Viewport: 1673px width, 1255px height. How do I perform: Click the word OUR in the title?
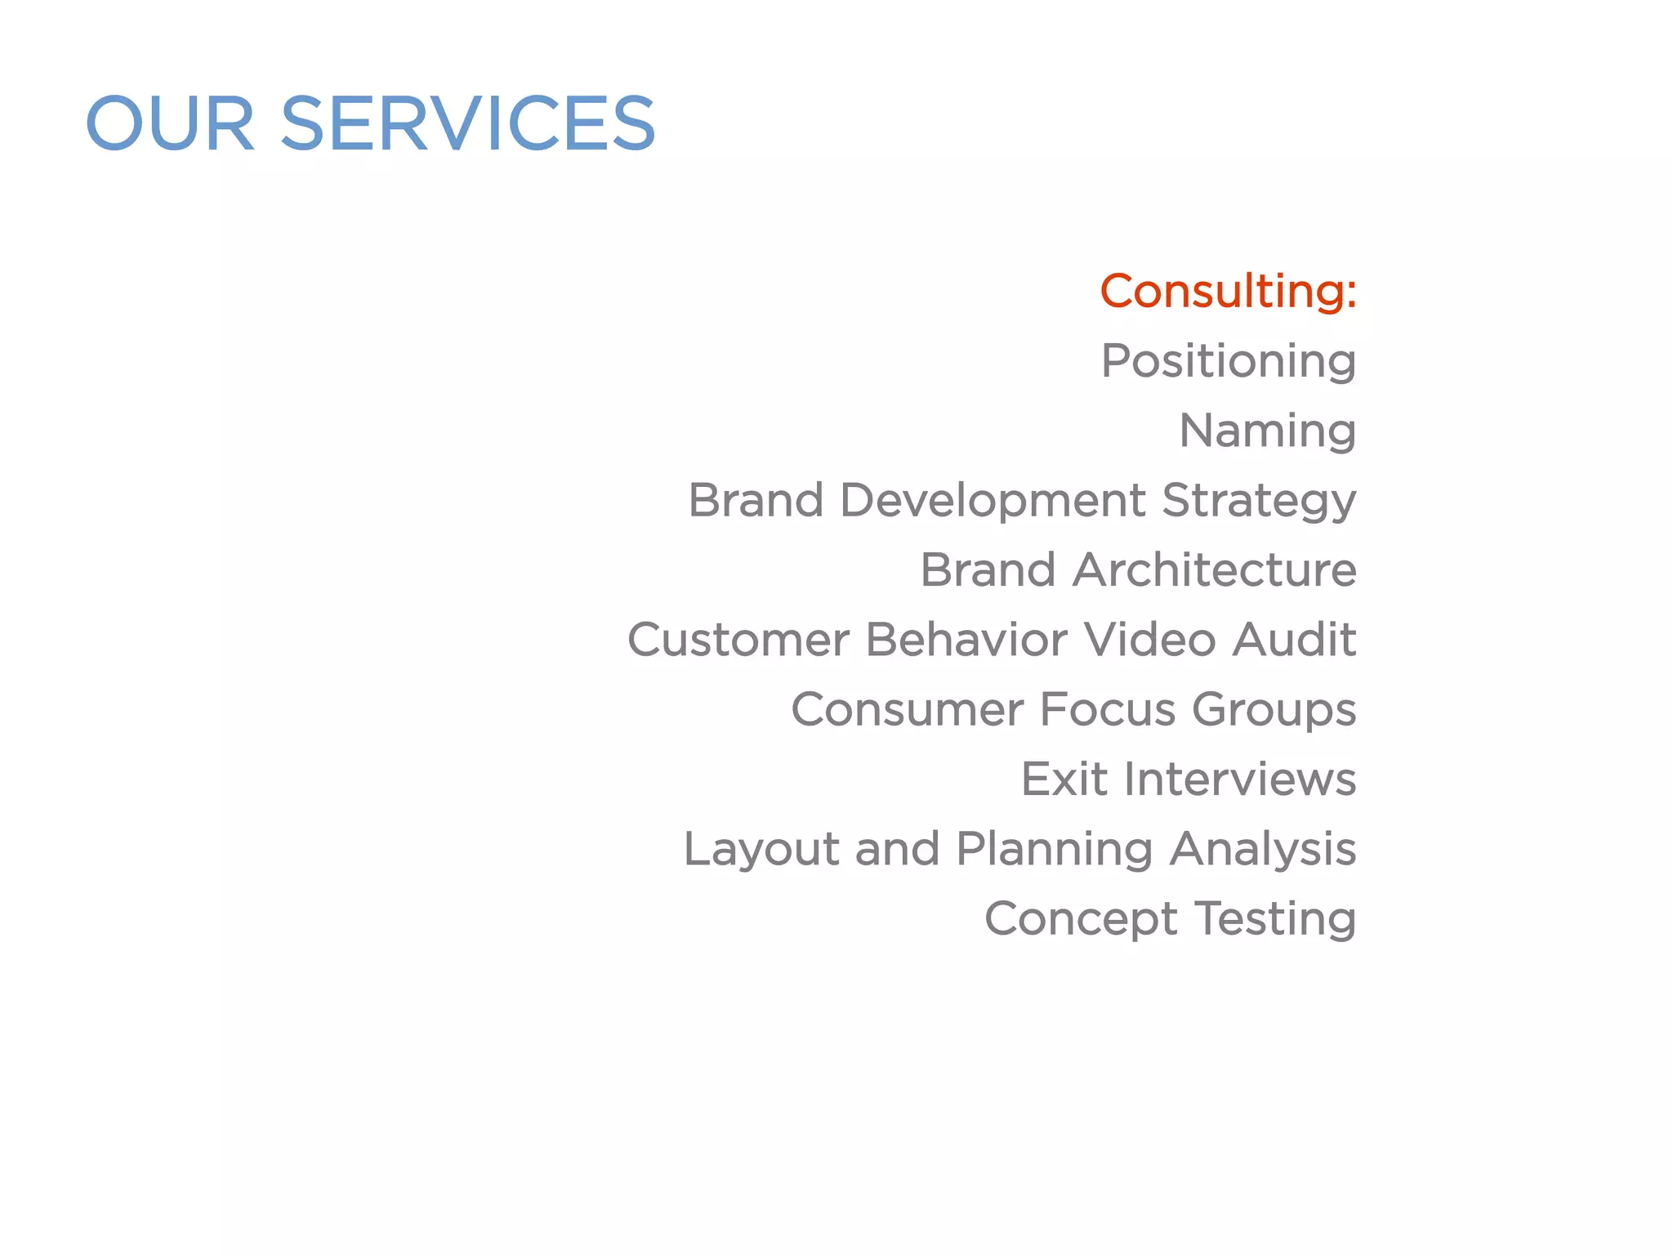coord(170,124)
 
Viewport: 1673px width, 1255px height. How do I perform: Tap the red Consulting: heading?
coord(1228,292)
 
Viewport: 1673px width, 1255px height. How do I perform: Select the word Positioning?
coord(1228,361)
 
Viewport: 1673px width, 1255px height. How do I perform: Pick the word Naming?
coord(1267,431)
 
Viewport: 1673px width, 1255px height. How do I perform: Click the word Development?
coord(992,500)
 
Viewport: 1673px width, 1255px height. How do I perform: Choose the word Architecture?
coord(1214,569)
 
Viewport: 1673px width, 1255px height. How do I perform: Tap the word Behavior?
coord(966,639)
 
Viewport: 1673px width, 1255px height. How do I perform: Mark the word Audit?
coord(1294,639)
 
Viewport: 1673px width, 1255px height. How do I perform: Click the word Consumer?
coord(907,709)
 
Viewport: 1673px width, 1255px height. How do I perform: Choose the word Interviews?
coord(1239,779)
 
